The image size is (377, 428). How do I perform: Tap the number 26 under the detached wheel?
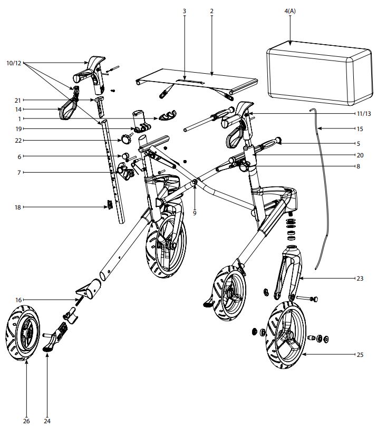point(26,421)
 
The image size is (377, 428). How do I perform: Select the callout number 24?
point(46,421)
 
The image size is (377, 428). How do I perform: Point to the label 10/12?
point(14,63)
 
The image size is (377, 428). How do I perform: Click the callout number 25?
point(360,355)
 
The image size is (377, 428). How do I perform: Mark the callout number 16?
point(18,300)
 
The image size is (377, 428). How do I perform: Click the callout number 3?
point(185,11)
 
